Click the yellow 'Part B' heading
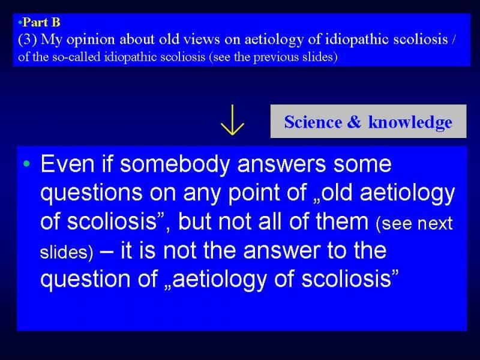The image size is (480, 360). (41, 22)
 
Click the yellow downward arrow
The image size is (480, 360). (232, 120)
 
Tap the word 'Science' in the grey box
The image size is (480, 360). (313, 122)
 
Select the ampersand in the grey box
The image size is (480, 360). (354, 122)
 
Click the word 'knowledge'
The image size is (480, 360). (410, 122)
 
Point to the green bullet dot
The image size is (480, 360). (27, 164)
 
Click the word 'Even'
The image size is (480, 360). (67, 163)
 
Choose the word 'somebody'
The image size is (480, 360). (175, 164)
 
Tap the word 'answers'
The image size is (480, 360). (281, 164)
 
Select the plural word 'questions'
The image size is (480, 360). (91, 193)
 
